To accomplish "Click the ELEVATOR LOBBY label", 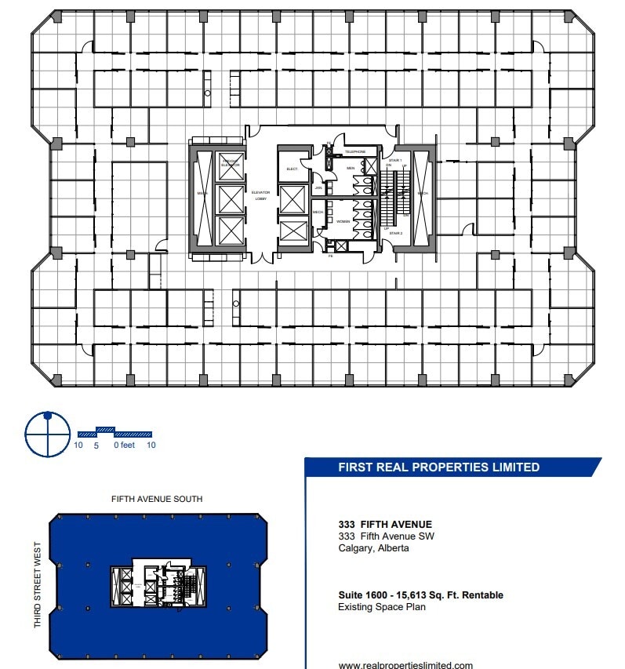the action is (x=260, y=195).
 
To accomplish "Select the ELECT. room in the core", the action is (x=292, y=169).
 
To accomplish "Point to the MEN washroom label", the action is (x=351, y=168).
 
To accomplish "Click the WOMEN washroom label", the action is (x=343, y=222).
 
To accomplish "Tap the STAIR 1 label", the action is (x=395, y=160).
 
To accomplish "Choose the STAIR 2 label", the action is (x=395, y=233).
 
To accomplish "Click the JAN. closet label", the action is (x=318, y=188).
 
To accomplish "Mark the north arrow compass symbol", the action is (x=47, y=433).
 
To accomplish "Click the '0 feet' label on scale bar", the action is (x=124, y=445).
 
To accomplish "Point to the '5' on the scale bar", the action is (x=96, y=445).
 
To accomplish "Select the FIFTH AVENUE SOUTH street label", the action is (x=157, y=499).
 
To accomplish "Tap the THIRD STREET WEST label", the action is (x=37, y=587).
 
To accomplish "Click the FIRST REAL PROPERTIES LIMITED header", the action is (x=438, y=467).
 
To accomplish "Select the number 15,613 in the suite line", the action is (x=404, y=595).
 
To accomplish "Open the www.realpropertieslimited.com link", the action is (x=405, y=665).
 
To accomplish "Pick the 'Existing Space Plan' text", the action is (x=382, y=607).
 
